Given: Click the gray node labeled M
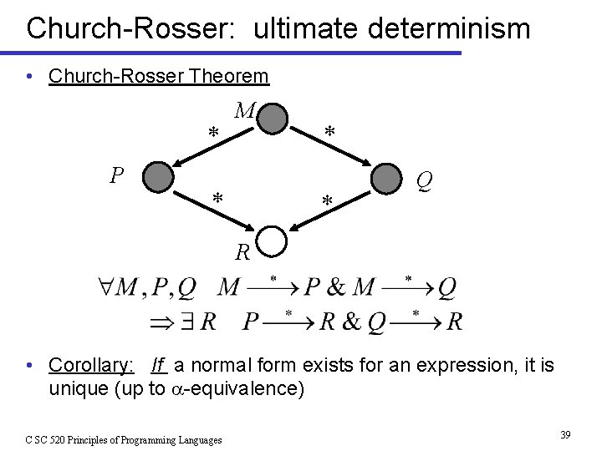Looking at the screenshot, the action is click(273, 118).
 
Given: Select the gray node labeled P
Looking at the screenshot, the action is click(158, 177).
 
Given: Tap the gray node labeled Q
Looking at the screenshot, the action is click(386, 179).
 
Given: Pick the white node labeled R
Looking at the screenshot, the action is click(273, 242).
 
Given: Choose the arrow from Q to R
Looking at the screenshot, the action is click(329, 210).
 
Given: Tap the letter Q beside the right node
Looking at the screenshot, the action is click(424, 180).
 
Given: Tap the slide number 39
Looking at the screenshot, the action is click(565, 435).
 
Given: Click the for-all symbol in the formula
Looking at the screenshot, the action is click(106, 288).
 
